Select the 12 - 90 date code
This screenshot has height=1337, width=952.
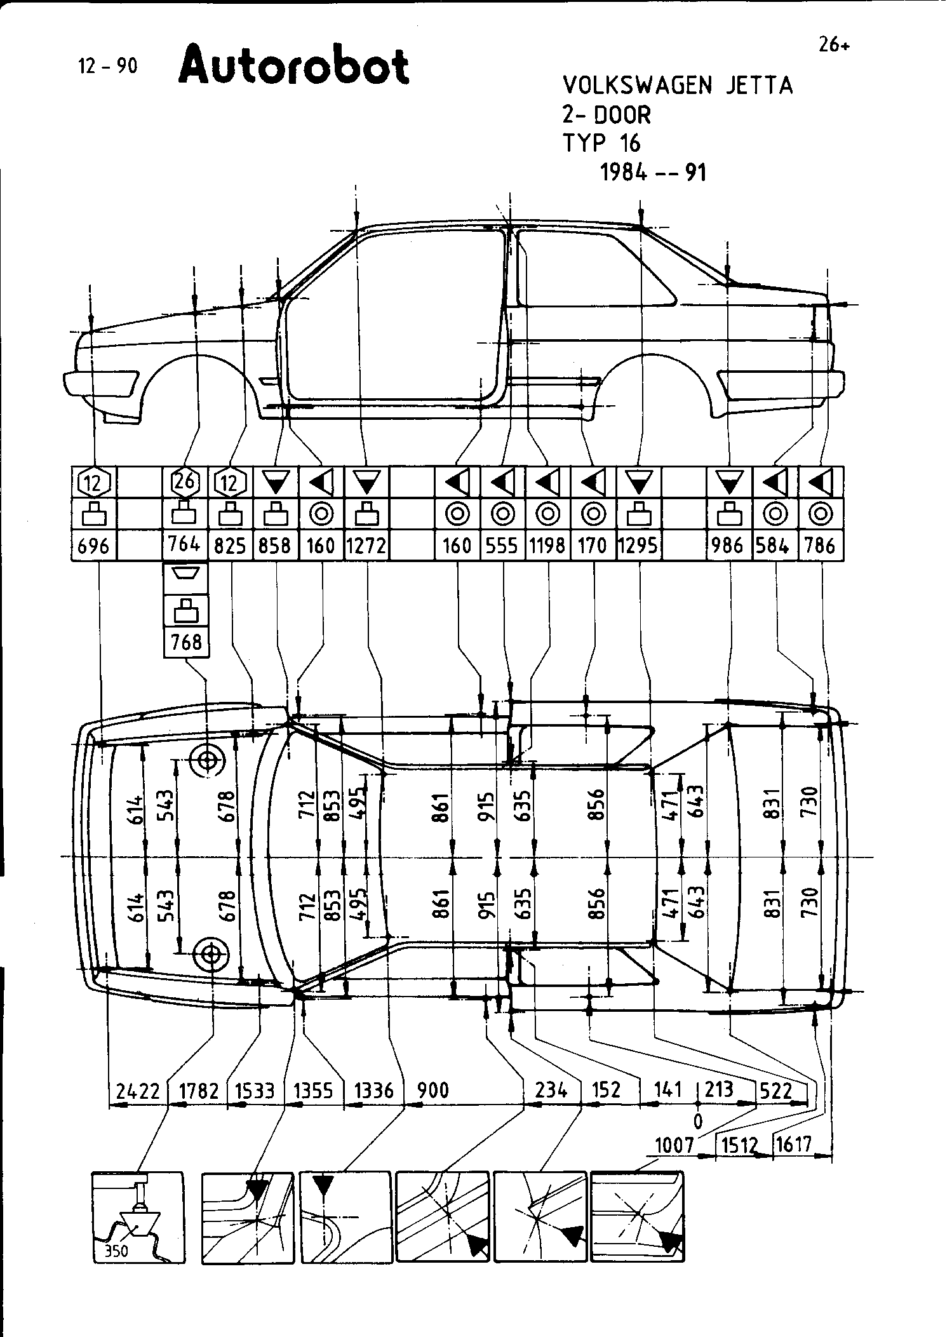(x=107, y=66)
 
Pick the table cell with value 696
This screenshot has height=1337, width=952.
(x=93, y=546)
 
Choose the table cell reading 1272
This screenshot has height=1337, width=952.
(x=366, y=546)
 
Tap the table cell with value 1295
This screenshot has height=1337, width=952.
(x=638, y=546)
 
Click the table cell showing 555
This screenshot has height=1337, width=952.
(x=502, y=546)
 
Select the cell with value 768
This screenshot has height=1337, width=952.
(x=186, y=642)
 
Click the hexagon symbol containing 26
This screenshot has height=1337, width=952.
(x=185, y=482)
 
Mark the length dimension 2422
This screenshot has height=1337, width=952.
(x=138, y=1091)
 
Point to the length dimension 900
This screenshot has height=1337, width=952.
(x=433, y=1091)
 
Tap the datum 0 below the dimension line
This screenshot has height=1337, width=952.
(x=698, y=1122)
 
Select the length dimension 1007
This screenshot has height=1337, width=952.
(x=674, y=1145)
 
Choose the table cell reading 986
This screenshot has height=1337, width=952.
(x=728, y=546)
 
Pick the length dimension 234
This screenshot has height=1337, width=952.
(x=551, y=1091)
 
